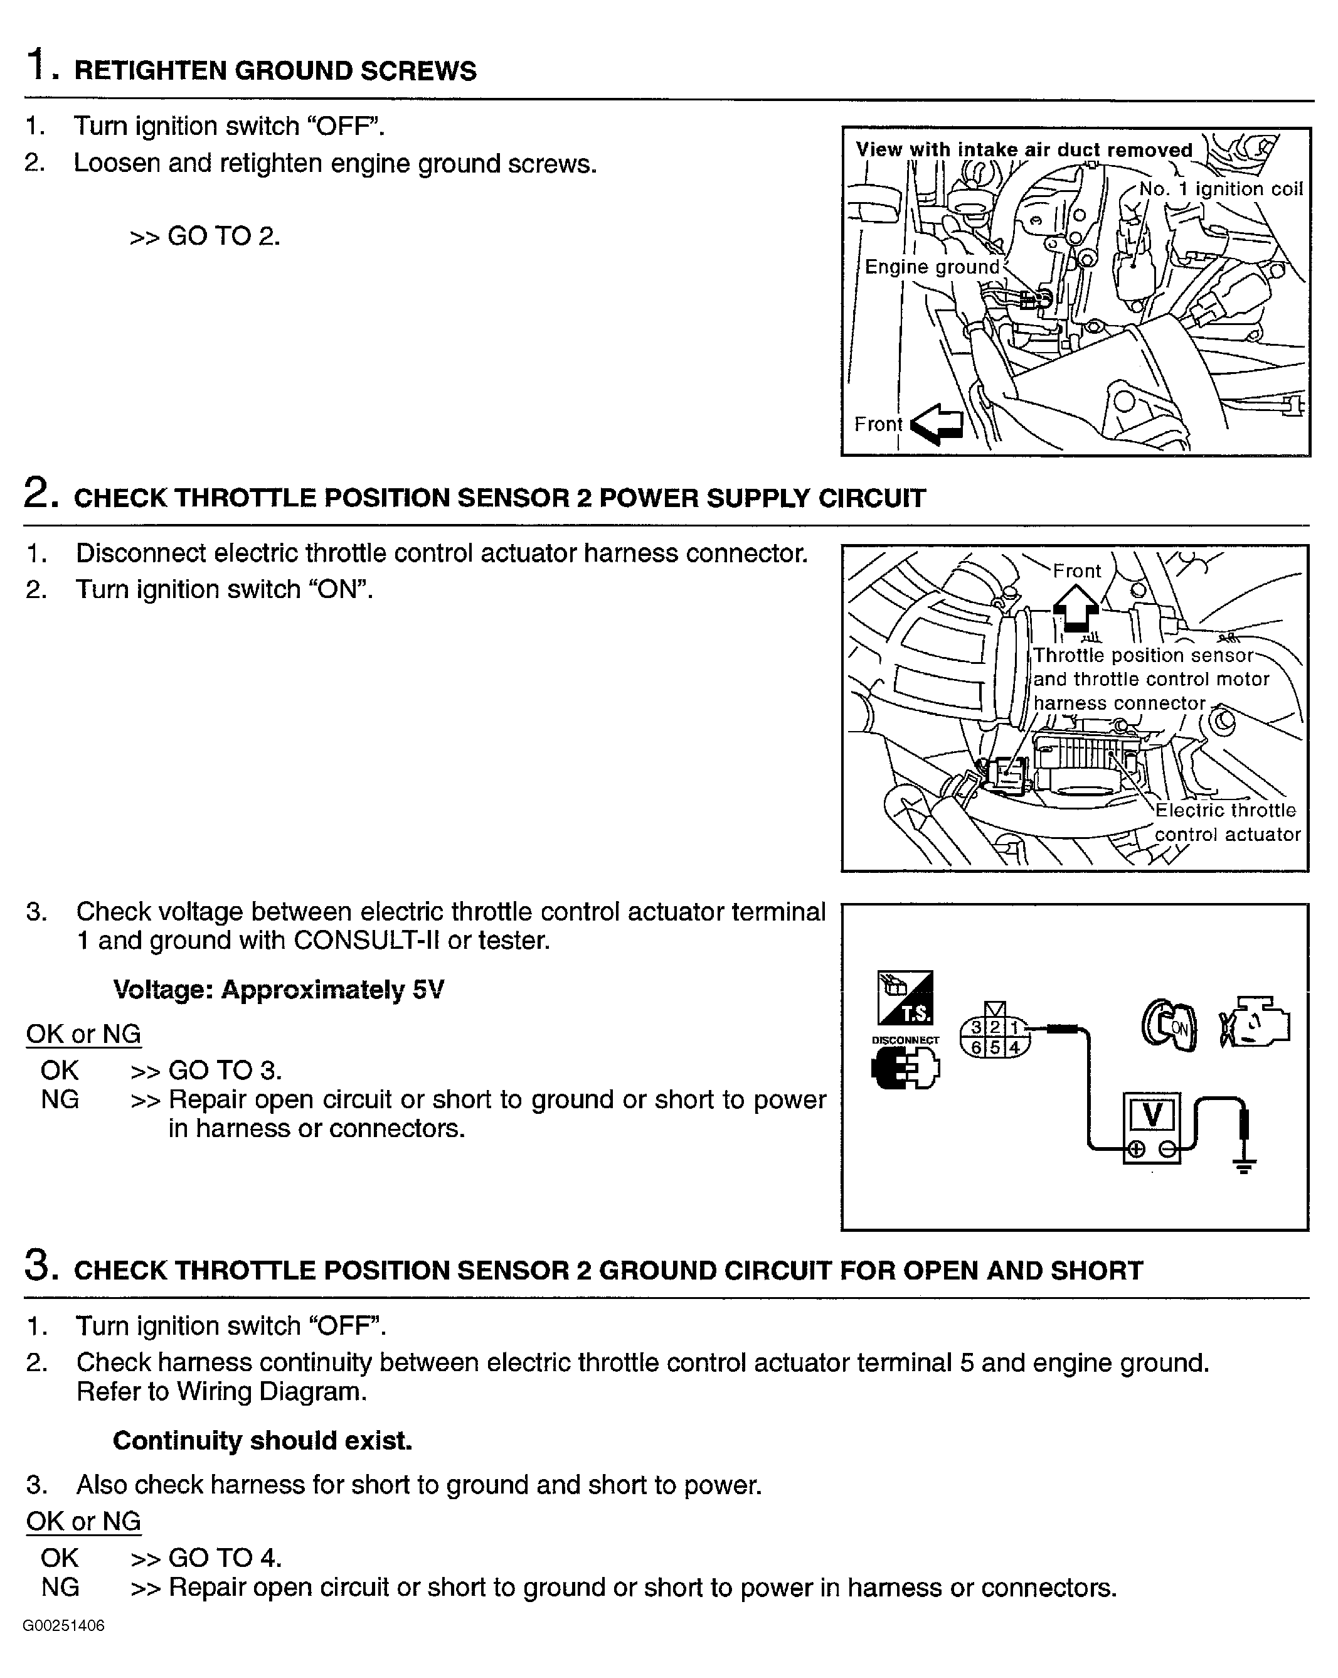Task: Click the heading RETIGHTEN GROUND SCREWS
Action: (x=275, y=71)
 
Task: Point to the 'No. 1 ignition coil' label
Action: (x=1220, y=189)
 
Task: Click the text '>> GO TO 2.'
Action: (x=204, y=236)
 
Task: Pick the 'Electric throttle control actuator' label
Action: (x=1226, y=822)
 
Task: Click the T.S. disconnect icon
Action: (x=905, y=998)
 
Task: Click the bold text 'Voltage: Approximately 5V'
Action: (x=279, y=990)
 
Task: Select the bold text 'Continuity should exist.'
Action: (x=262, y=1441)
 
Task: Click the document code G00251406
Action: (x=64, y=1625)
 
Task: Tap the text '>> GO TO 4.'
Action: (x=205, y=1558)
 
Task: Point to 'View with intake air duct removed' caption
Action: (x=1023, y=150)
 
